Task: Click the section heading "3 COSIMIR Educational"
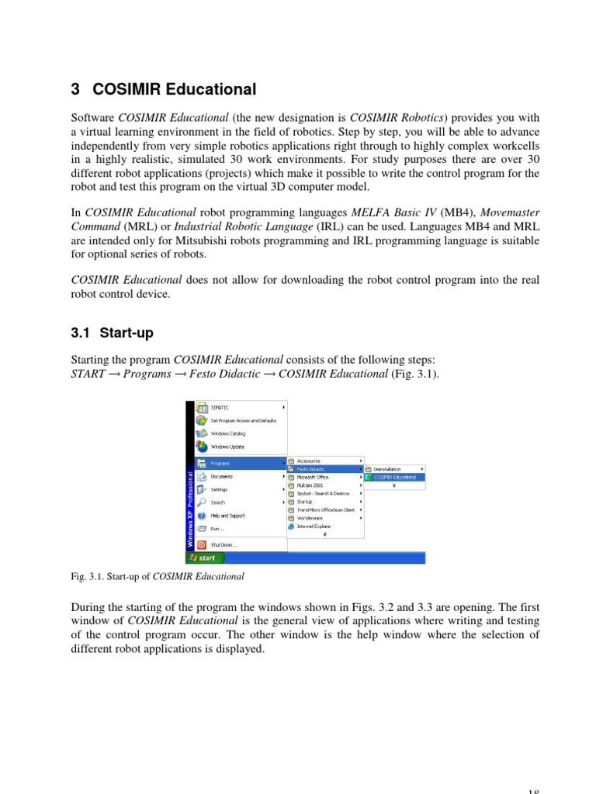coord(163,89)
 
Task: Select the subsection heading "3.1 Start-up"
coord(113,333)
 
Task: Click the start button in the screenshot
coord(204,558)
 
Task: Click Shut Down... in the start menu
coord(223,544)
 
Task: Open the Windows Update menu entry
coord(227,447)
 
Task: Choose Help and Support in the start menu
coord(227,516)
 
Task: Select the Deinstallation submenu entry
coord(387,469)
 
